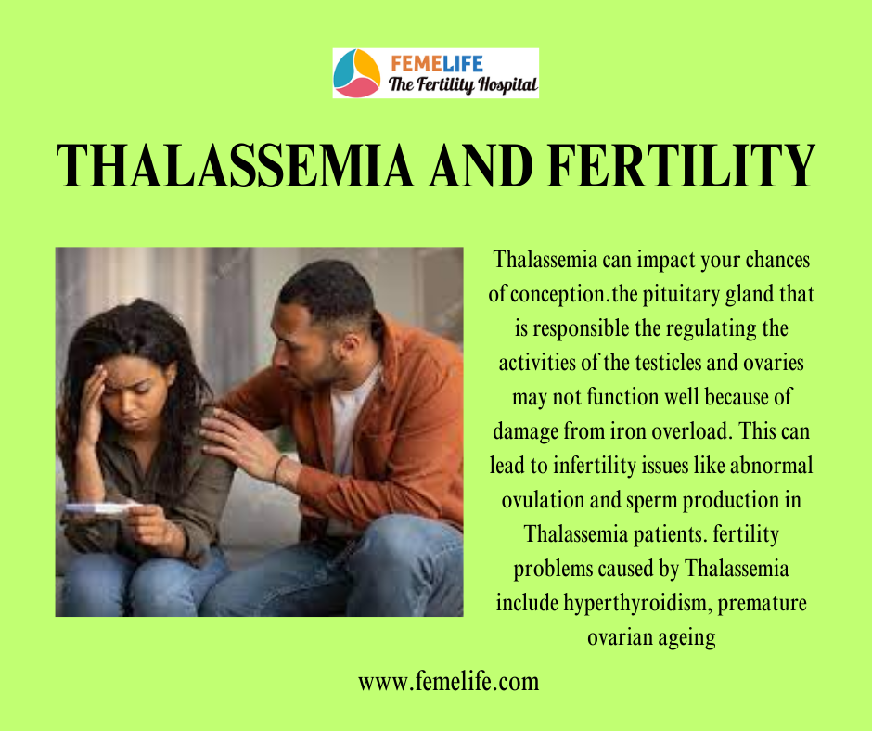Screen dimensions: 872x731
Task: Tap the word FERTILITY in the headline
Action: pos(681,165)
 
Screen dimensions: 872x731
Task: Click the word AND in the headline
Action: pos(481,165)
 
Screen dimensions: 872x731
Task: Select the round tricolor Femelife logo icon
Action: pos(356,73)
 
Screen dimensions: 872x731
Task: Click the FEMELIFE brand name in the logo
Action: pos(437,64)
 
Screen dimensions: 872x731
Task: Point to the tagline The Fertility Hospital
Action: pos(463,84)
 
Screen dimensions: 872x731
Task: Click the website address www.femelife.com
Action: pos(448,682)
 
